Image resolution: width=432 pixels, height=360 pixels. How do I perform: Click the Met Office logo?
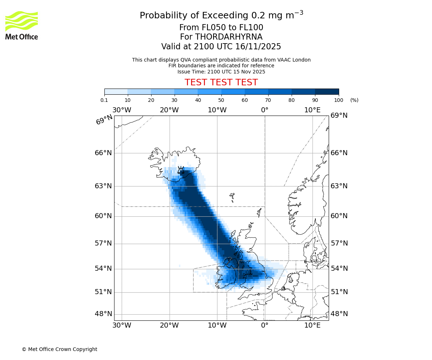(x=22, y=25)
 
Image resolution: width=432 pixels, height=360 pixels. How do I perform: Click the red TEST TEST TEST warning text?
(x=221, y=82)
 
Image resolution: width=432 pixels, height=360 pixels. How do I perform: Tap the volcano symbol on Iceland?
(x=181, y=170)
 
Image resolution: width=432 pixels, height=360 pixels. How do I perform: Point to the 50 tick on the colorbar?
(x=221, y=95)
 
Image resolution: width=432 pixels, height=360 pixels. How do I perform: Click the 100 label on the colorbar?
(x=338, y=100)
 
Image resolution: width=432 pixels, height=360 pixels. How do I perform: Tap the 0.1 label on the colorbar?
(x=104, y=100)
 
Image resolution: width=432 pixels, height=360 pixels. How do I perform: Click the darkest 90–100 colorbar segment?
(x=327, y=91)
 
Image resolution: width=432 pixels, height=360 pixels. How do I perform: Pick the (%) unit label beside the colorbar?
(x=354, y=100)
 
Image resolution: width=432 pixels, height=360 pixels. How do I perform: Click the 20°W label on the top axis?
(x=169, y=110)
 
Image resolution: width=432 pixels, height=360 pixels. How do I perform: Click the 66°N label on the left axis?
(x=103, y=153)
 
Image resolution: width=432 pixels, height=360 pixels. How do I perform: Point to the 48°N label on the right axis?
(x=339, y=314)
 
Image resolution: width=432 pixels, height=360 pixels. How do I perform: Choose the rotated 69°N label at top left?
(x=104, y=120)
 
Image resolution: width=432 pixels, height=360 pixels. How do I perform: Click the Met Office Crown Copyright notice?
(x=59, y=349)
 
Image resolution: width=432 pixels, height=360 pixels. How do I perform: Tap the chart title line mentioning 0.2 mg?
(x=221, y=15)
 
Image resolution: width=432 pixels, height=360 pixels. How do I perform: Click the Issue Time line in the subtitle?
(x=221, y=72)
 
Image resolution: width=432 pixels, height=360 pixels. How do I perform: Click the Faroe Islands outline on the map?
(x=232, y=197)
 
